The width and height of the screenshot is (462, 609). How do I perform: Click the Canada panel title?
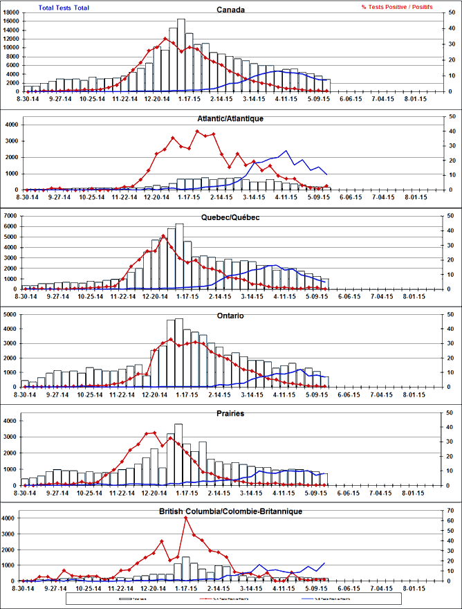230,10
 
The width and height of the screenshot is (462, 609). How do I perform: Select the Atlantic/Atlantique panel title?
230,118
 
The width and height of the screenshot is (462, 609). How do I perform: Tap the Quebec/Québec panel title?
230,217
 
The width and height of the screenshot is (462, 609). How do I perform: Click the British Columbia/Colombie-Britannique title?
230,511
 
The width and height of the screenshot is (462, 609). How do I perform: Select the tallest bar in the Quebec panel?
179,256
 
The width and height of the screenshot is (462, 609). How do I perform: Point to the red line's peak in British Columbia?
185,518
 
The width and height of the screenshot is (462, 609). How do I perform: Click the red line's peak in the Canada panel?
165,38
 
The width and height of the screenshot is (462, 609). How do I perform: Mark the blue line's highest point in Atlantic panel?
286,151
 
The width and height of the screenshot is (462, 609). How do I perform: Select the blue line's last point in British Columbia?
323,563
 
